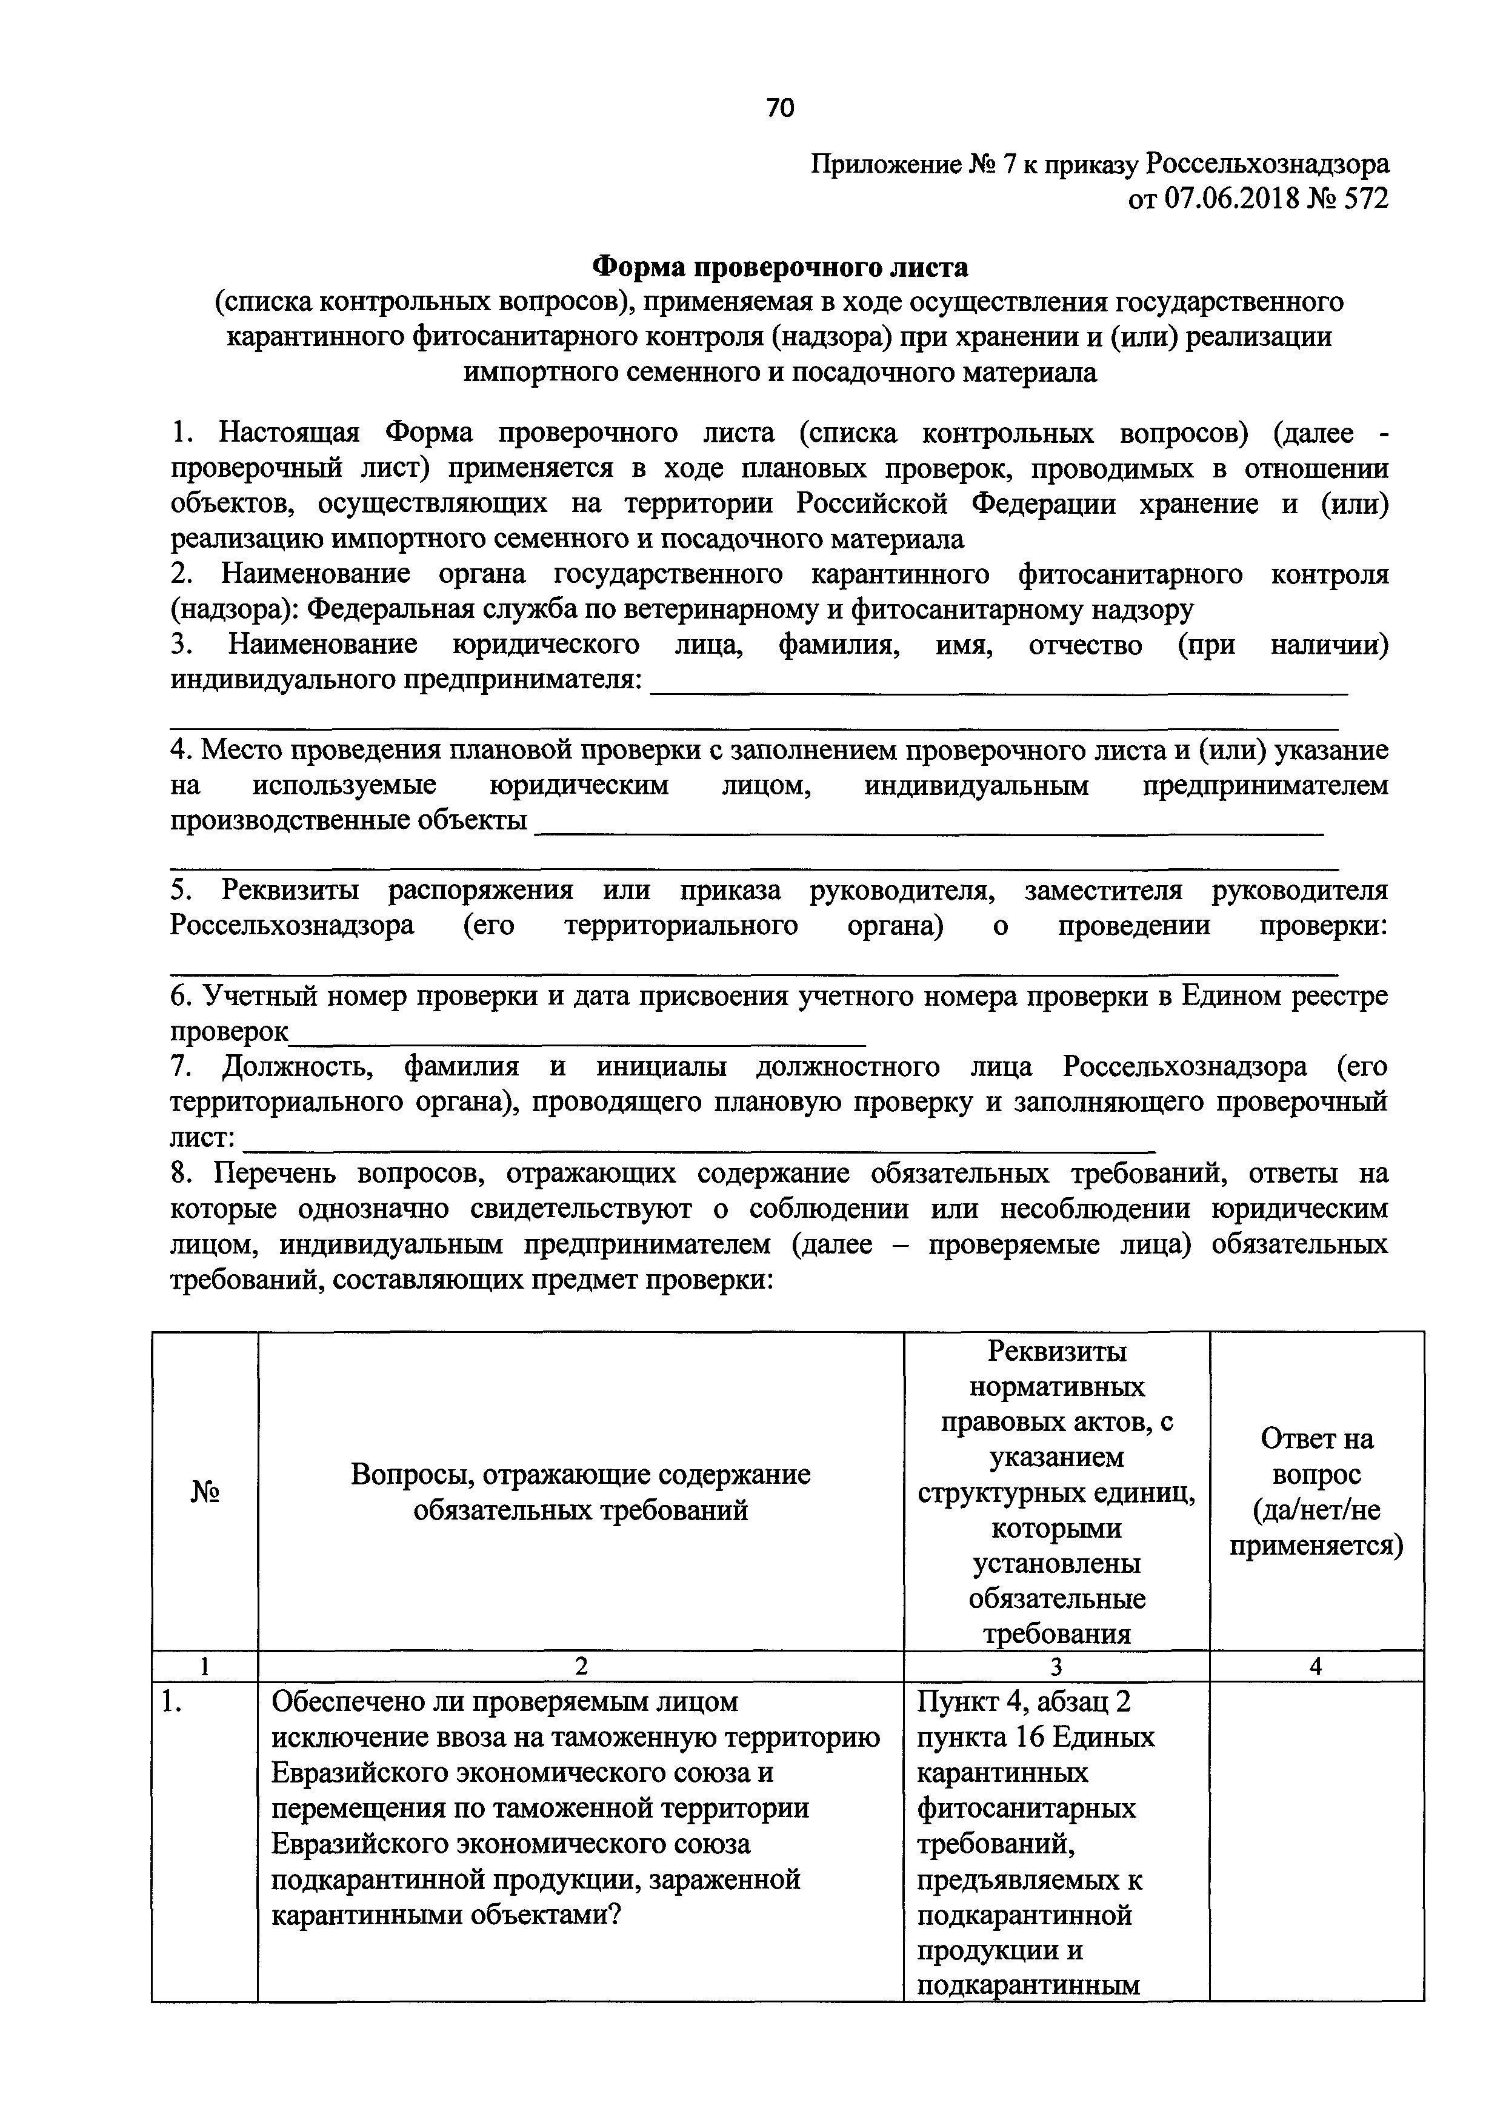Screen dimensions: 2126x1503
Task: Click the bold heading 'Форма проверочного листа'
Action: (x=780, y=268)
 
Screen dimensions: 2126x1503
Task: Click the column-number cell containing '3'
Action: (x=1056, y=1667)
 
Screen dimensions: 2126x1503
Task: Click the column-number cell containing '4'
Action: (x=1315, y=1667)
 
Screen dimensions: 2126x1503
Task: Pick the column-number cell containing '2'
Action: (x=580, y=1667)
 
